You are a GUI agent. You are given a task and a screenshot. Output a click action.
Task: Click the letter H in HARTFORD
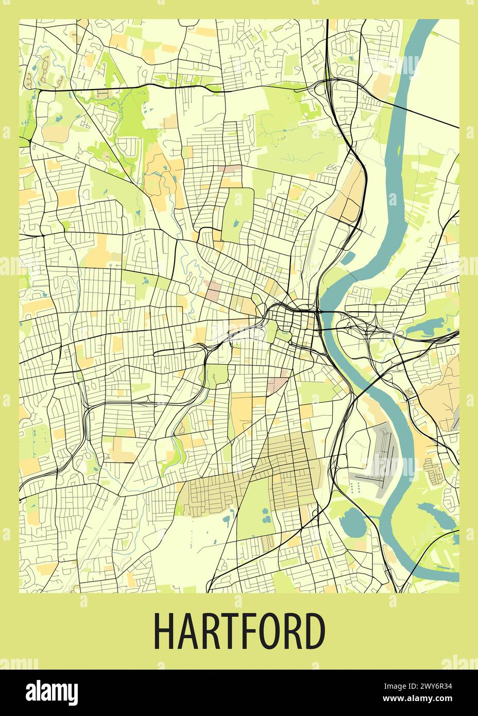pos(165,632)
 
